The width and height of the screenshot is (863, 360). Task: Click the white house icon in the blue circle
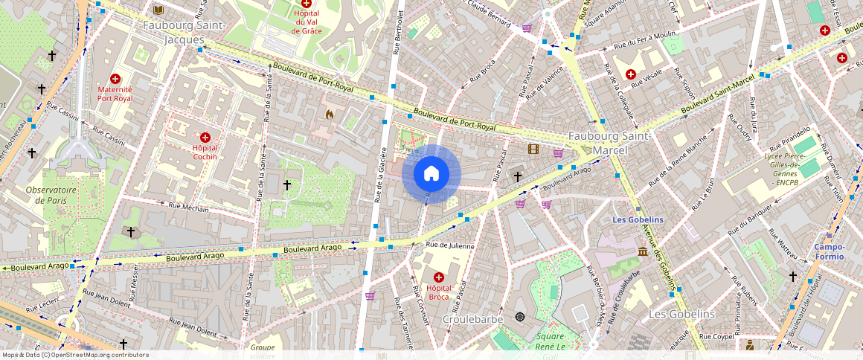click(431, 174)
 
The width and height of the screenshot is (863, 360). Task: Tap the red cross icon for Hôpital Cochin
click(205, 138)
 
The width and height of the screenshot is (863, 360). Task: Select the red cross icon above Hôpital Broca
click(438, 277)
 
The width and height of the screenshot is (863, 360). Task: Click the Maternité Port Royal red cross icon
click(115, 79)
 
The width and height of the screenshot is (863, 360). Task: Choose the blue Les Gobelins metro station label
click(638, 219)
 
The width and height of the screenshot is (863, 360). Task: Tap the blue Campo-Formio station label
click(829, 251)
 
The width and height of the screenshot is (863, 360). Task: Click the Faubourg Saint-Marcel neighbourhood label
click(610, 143)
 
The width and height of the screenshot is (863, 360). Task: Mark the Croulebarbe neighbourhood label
click(473, 318)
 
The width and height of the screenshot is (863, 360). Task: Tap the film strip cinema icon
click(533, 150)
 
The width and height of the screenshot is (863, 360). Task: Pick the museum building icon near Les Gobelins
click(642, 252)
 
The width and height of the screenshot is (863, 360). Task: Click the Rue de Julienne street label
click(449, 245)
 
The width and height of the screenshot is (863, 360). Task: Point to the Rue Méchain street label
click(189, 208)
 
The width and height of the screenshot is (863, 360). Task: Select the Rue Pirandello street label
click(791, 140)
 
